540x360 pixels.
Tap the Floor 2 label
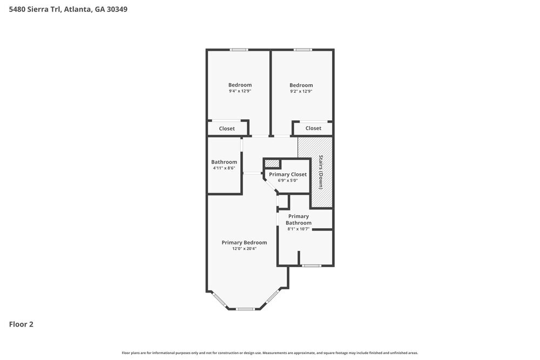coord(21,324)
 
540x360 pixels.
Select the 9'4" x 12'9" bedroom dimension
coord(240,91)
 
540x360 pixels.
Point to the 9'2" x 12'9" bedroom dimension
coord(301,91)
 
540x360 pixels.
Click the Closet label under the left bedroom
coord(227,128)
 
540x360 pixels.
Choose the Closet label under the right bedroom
coord(313,128)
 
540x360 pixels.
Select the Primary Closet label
coord(288,174)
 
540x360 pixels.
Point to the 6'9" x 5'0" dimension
coord(288,180)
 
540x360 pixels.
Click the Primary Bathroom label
coord(298,219)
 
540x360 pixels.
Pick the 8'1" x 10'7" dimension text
coord(298,229)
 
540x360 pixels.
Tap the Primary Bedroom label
coord(244,242)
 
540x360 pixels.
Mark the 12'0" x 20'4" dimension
coord(244,249)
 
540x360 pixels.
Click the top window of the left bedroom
coord(239,50)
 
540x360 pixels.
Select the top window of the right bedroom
coord(302,50)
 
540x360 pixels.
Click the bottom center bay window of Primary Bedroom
coord(245,309)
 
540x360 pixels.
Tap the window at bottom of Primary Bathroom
coord(311,266)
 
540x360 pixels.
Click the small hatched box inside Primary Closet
coord(272,163)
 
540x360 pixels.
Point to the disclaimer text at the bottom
coord(269,352)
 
